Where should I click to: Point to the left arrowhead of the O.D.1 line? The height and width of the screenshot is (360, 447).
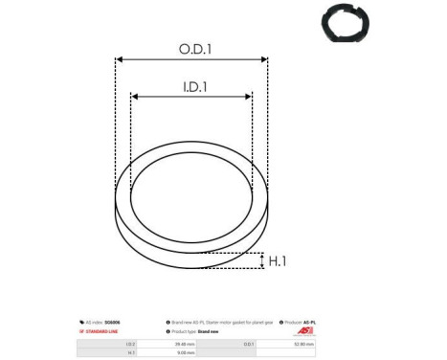point(119,59)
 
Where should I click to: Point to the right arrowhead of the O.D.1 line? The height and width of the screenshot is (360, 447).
point(265,59)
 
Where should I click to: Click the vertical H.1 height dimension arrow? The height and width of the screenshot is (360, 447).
point(260,260)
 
